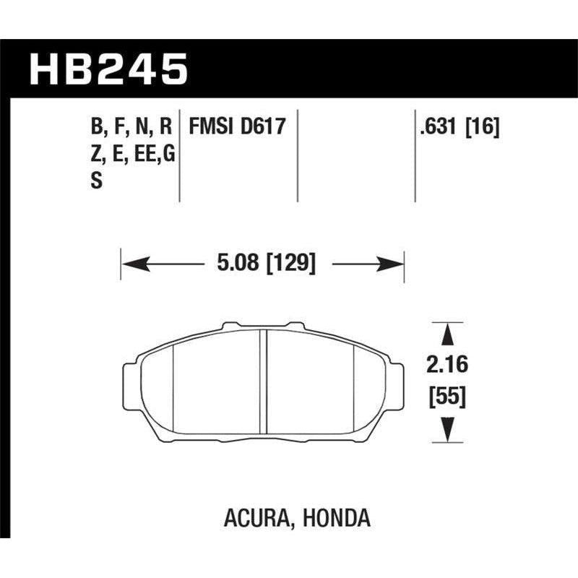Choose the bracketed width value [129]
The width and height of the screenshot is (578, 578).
click(290, 263)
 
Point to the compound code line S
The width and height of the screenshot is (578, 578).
click(95, 183)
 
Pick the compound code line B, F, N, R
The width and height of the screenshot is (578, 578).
click(131, 128)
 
